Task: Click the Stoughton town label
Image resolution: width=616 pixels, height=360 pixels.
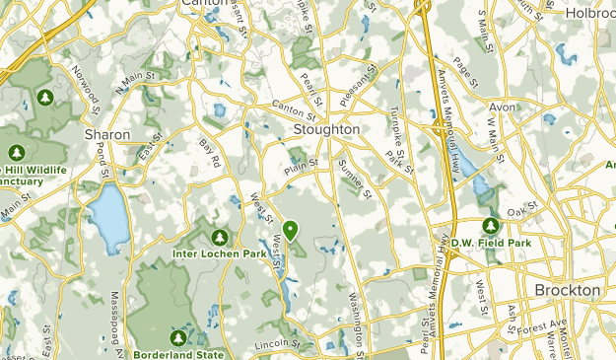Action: [326, 129]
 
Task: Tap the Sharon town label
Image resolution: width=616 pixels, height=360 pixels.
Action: [107, 133]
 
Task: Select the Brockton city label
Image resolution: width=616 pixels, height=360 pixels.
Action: [567, 290]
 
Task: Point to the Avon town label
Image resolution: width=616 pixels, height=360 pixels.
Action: [502, 107]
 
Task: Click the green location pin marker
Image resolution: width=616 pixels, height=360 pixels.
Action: [291, 231]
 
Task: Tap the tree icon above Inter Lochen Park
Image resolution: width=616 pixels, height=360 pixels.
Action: [219, 237]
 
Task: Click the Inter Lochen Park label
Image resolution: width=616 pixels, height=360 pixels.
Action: [219, 253]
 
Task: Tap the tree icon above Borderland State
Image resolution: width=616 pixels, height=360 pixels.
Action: [178, 337]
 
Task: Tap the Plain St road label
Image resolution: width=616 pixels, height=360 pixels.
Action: [302, 164]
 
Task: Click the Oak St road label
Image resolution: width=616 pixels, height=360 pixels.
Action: [520, 208]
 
